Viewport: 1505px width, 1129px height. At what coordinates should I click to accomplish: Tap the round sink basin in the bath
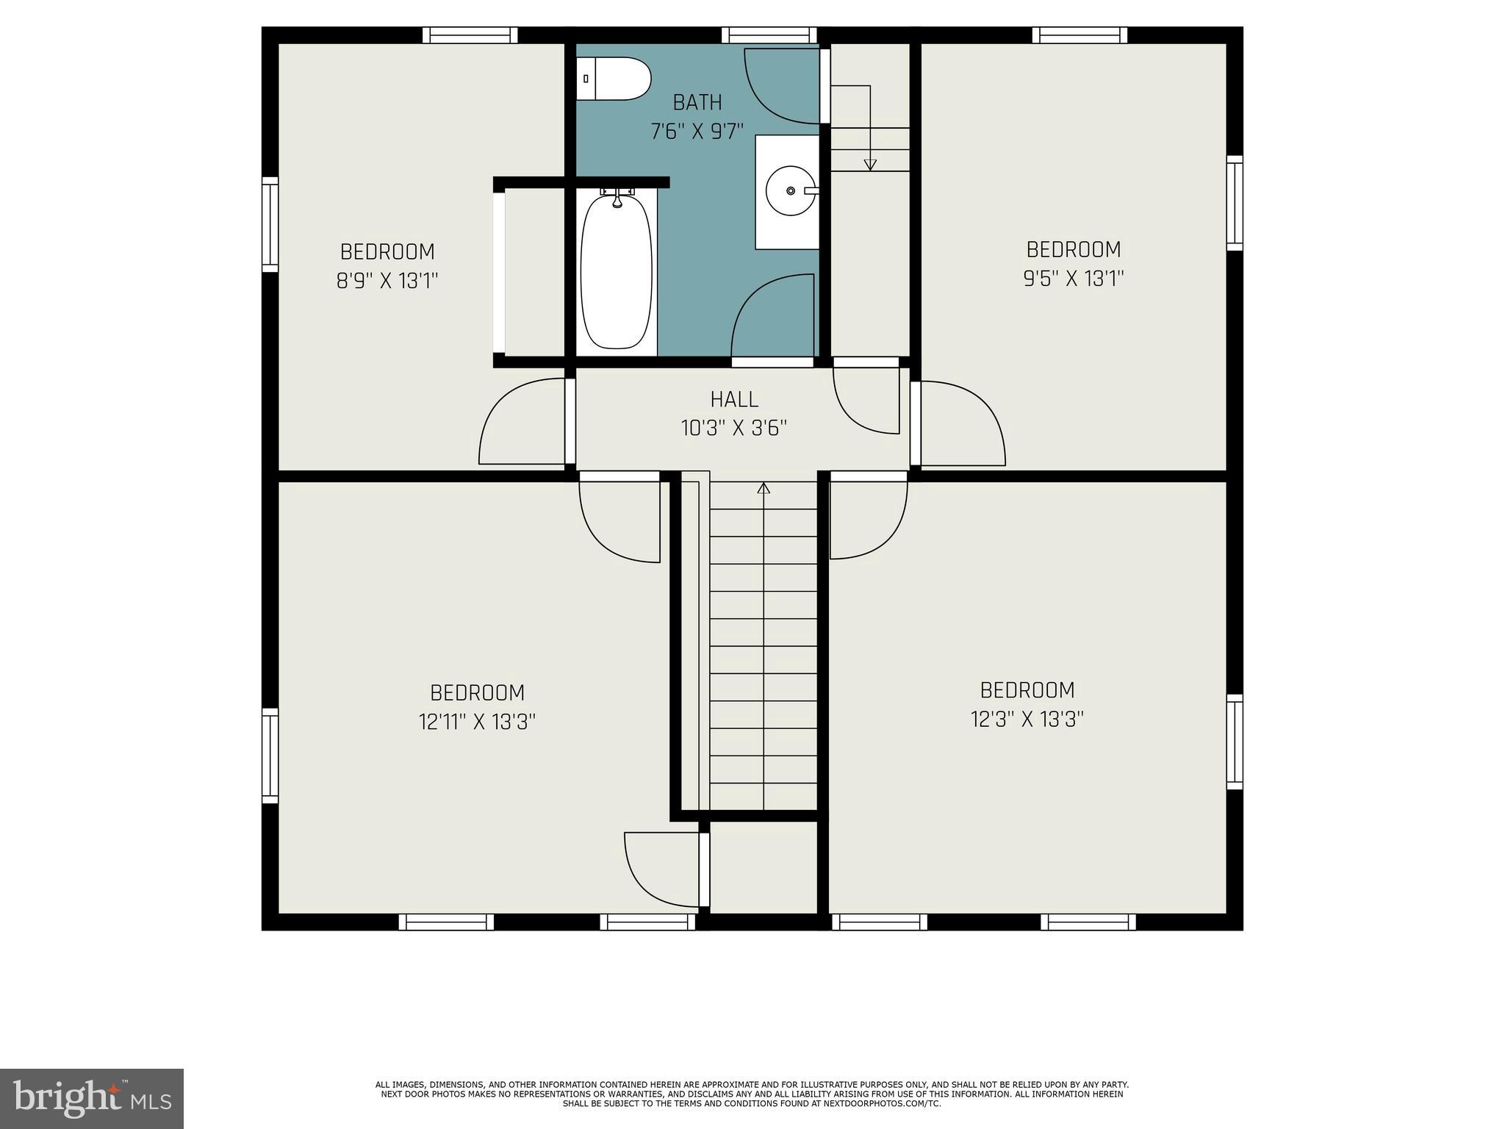tap(791, 191)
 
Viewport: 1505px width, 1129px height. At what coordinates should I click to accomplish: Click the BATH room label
tap(697, 102)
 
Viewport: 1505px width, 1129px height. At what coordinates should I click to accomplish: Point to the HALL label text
tap(734, 400)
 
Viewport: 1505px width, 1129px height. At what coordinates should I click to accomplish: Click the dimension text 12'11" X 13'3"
tap(477, 722)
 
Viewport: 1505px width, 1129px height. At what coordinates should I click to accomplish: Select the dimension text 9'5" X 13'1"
tap(1074, 279)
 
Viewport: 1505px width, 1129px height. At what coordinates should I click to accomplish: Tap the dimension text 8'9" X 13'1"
tap(387, 281)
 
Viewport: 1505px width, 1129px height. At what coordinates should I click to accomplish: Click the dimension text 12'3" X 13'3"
tap(1027, 719)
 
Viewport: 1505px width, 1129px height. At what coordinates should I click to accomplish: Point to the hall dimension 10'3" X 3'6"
tap(734, 429)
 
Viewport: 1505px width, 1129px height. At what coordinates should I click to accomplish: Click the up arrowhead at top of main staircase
tap(764, 487)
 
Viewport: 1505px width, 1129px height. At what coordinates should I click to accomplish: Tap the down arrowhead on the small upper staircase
tap(870, 165)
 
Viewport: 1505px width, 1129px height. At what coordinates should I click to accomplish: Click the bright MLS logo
tap(91, 1098)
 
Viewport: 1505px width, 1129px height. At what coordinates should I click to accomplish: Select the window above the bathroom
tap(769, 35)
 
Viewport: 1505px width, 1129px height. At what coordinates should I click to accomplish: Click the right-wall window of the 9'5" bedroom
tap(1235, 203)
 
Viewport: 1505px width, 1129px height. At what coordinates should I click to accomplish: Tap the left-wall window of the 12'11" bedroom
tap(270, 756)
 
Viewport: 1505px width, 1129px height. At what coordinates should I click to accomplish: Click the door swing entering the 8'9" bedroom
tap(522, 422)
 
